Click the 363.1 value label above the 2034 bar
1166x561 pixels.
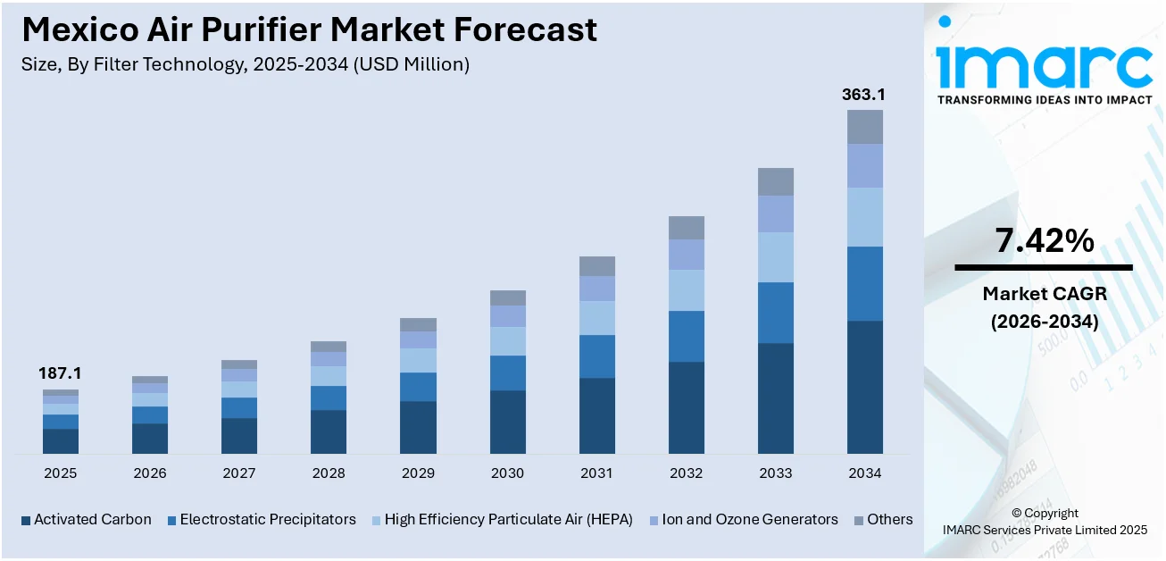pyautogui.click(x=864, y=95)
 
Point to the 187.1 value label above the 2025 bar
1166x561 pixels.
pyautogui.click(x=60, y=373)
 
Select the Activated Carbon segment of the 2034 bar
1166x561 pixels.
pyautogui.click(x=864, y=387)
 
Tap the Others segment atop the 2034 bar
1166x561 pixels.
pyautogui.click(x=864, y=127)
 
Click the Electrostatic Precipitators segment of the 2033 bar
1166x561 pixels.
pyautogui.click(x=775, y=313)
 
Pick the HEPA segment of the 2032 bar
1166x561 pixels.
pyautogui.click(x=686, y=290)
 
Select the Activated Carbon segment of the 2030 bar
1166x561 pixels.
pyautogui.click(x=507, y=422)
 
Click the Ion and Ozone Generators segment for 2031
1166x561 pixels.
pyautogui.click(x=596, y=289)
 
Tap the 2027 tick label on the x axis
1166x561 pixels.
pyautogui.click(x=239, y=473)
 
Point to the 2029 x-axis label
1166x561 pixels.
pyautogui.click(x=418, y=473)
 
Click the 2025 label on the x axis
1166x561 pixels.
pyautogui.click(x=60, y=473)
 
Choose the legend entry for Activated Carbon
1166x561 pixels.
pyautogui.click(x=86, y=520)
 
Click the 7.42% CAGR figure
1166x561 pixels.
pyautogui.click(x=1044, y=240)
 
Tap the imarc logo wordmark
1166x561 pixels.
pyautogui.click(x=1044, y=63)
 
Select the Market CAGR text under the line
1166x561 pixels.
pyautogui.click(x=1044, y=293)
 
